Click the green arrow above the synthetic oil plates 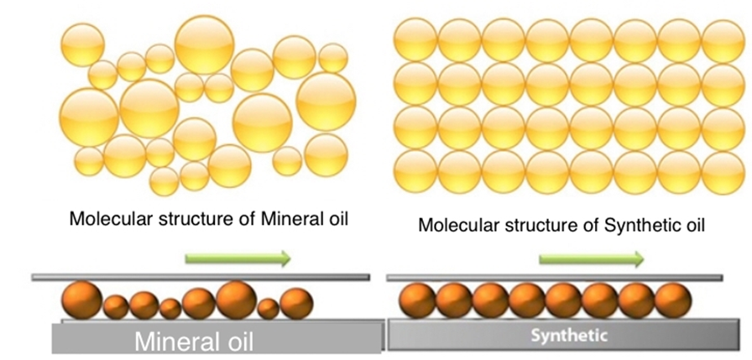point(592,258)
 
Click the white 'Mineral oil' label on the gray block point(194,342)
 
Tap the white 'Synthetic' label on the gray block point(567,337)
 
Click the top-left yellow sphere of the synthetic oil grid point(415,39)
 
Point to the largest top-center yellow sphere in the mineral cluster point(204,43)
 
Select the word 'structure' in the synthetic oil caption point(531,225)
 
